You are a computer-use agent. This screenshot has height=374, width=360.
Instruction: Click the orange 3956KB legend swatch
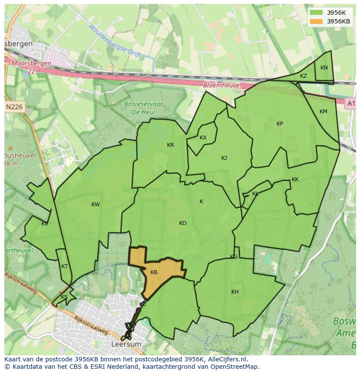317,21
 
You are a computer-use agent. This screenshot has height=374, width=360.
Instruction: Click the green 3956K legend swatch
317,13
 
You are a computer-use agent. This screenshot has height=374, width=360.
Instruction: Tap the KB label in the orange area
154,272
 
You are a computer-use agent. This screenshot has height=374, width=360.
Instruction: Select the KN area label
324,68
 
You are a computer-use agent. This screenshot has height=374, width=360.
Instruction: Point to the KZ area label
303,76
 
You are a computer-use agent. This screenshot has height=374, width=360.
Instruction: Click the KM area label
323,112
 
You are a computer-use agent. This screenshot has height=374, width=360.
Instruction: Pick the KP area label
280,124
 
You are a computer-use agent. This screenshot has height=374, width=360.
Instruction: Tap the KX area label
203,138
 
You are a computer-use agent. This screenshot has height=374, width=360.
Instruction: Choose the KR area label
170,145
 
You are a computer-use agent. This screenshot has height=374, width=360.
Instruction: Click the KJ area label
224,158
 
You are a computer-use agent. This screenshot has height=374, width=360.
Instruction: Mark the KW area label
96,205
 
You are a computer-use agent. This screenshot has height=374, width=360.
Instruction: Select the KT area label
65,266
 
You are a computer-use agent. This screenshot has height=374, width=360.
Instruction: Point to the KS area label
64,297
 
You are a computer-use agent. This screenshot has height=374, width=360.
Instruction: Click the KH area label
235,292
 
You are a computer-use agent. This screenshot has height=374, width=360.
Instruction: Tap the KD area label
183,223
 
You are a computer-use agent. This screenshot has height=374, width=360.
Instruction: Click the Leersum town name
126,344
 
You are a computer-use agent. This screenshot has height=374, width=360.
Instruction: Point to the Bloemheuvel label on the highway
222,86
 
